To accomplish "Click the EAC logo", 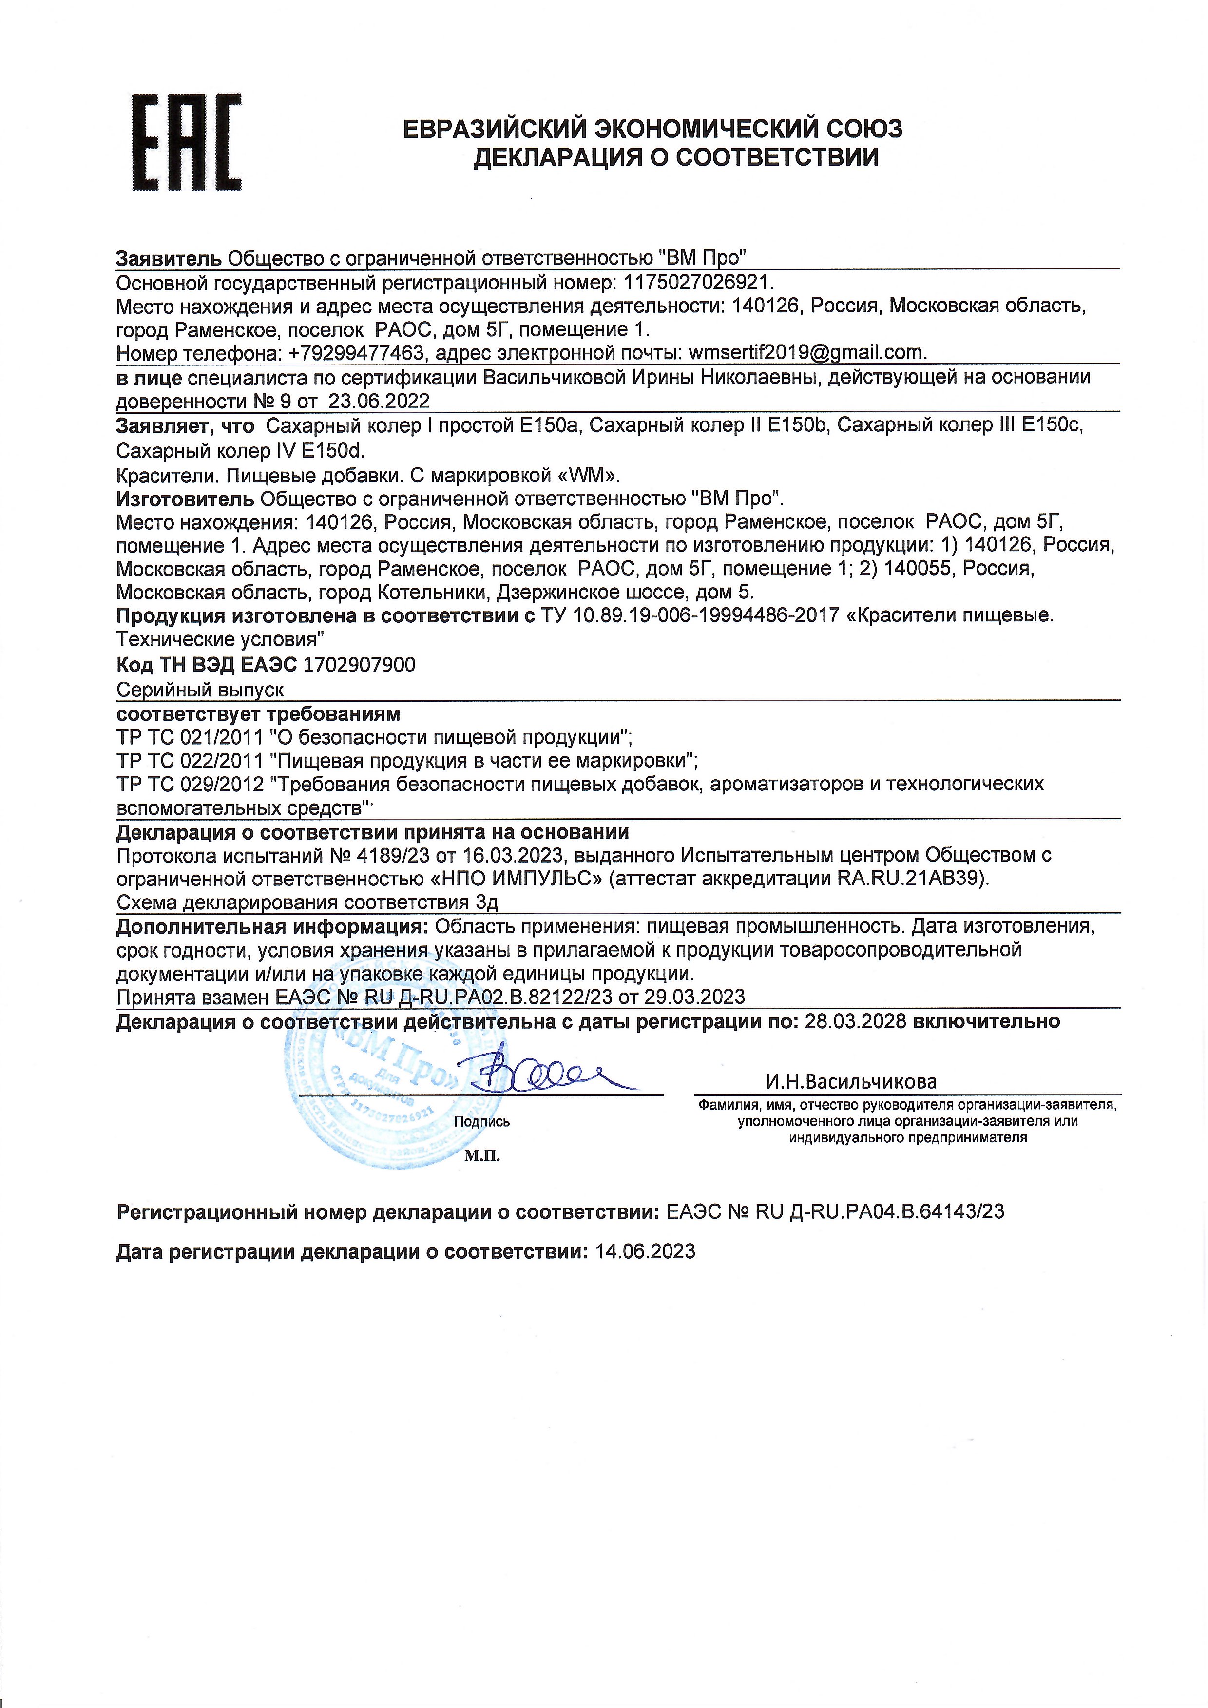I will tap(186, 142).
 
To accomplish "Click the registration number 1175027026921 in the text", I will tap(698, 283).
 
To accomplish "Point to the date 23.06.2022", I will tap(380, 402).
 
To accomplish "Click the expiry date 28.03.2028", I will tap(855, 1021).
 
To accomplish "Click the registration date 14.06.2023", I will tap(645, 1252).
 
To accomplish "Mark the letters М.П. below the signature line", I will tap(482, 1156).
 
